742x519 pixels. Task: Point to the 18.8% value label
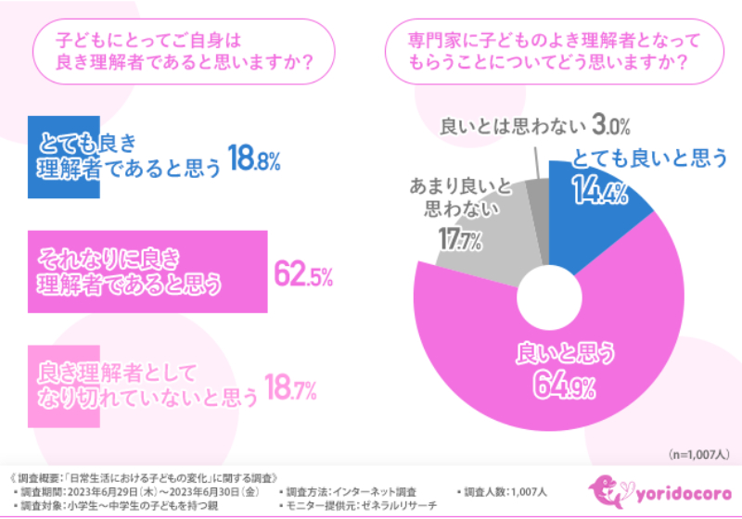pos(254,160)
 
